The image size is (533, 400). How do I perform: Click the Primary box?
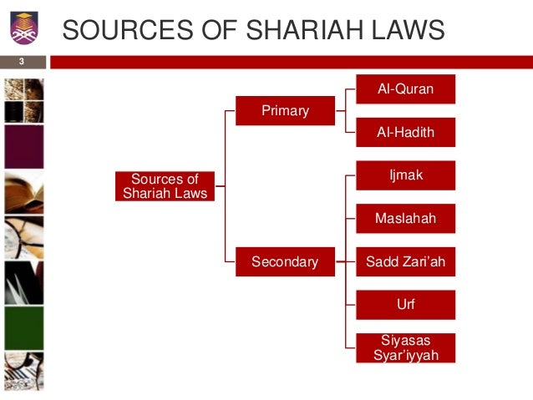285,110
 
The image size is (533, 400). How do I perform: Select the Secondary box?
285,262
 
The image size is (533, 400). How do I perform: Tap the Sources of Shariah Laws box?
165,186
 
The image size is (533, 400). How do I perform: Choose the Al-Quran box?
405,89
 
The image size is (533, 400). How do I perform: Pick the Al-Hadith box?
405,132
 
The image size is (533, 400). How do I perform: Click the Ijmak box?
405,176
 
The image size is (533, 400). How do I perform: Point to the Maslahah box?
405,219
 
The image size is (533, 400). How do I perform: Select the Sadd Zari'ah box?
405,262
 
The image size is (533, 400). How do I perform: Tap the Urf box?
405,305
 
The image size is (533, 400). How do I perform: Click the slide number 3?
22,62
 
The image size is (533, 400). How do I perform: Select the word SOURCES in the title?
124,30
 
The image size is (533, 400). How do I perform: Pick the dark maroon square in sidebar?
23,147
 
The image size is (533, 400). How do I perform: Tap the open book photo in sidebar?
23,193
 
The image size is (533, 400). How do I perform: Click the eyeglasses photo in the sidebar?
23,238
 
